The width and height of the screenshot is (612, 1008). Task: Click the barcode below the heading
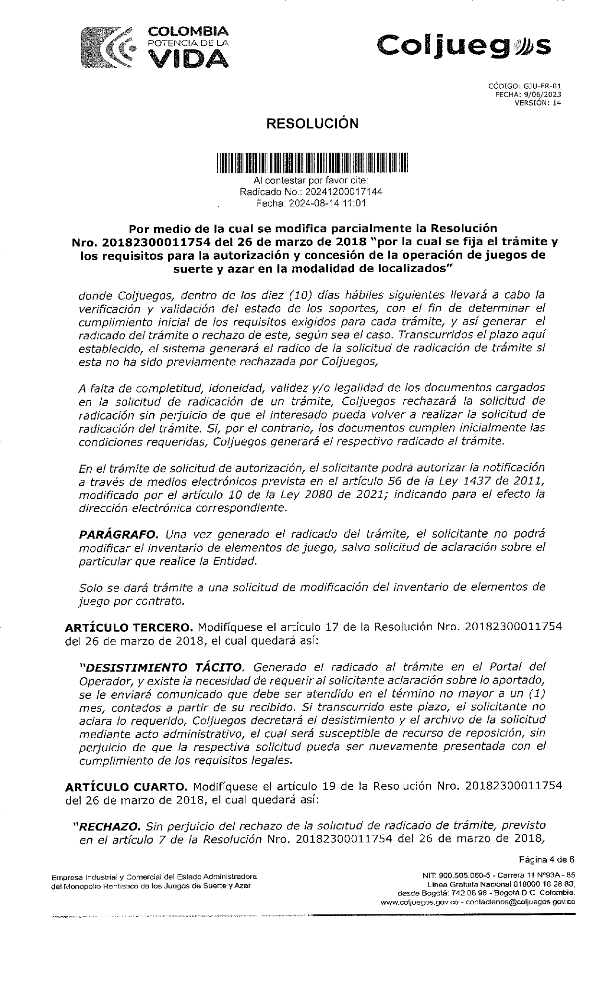311,162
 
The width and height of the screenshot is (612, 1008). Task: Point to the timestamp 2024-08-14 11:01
327,203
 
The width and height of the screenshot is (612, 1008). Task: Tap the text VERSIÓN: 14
538,102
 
